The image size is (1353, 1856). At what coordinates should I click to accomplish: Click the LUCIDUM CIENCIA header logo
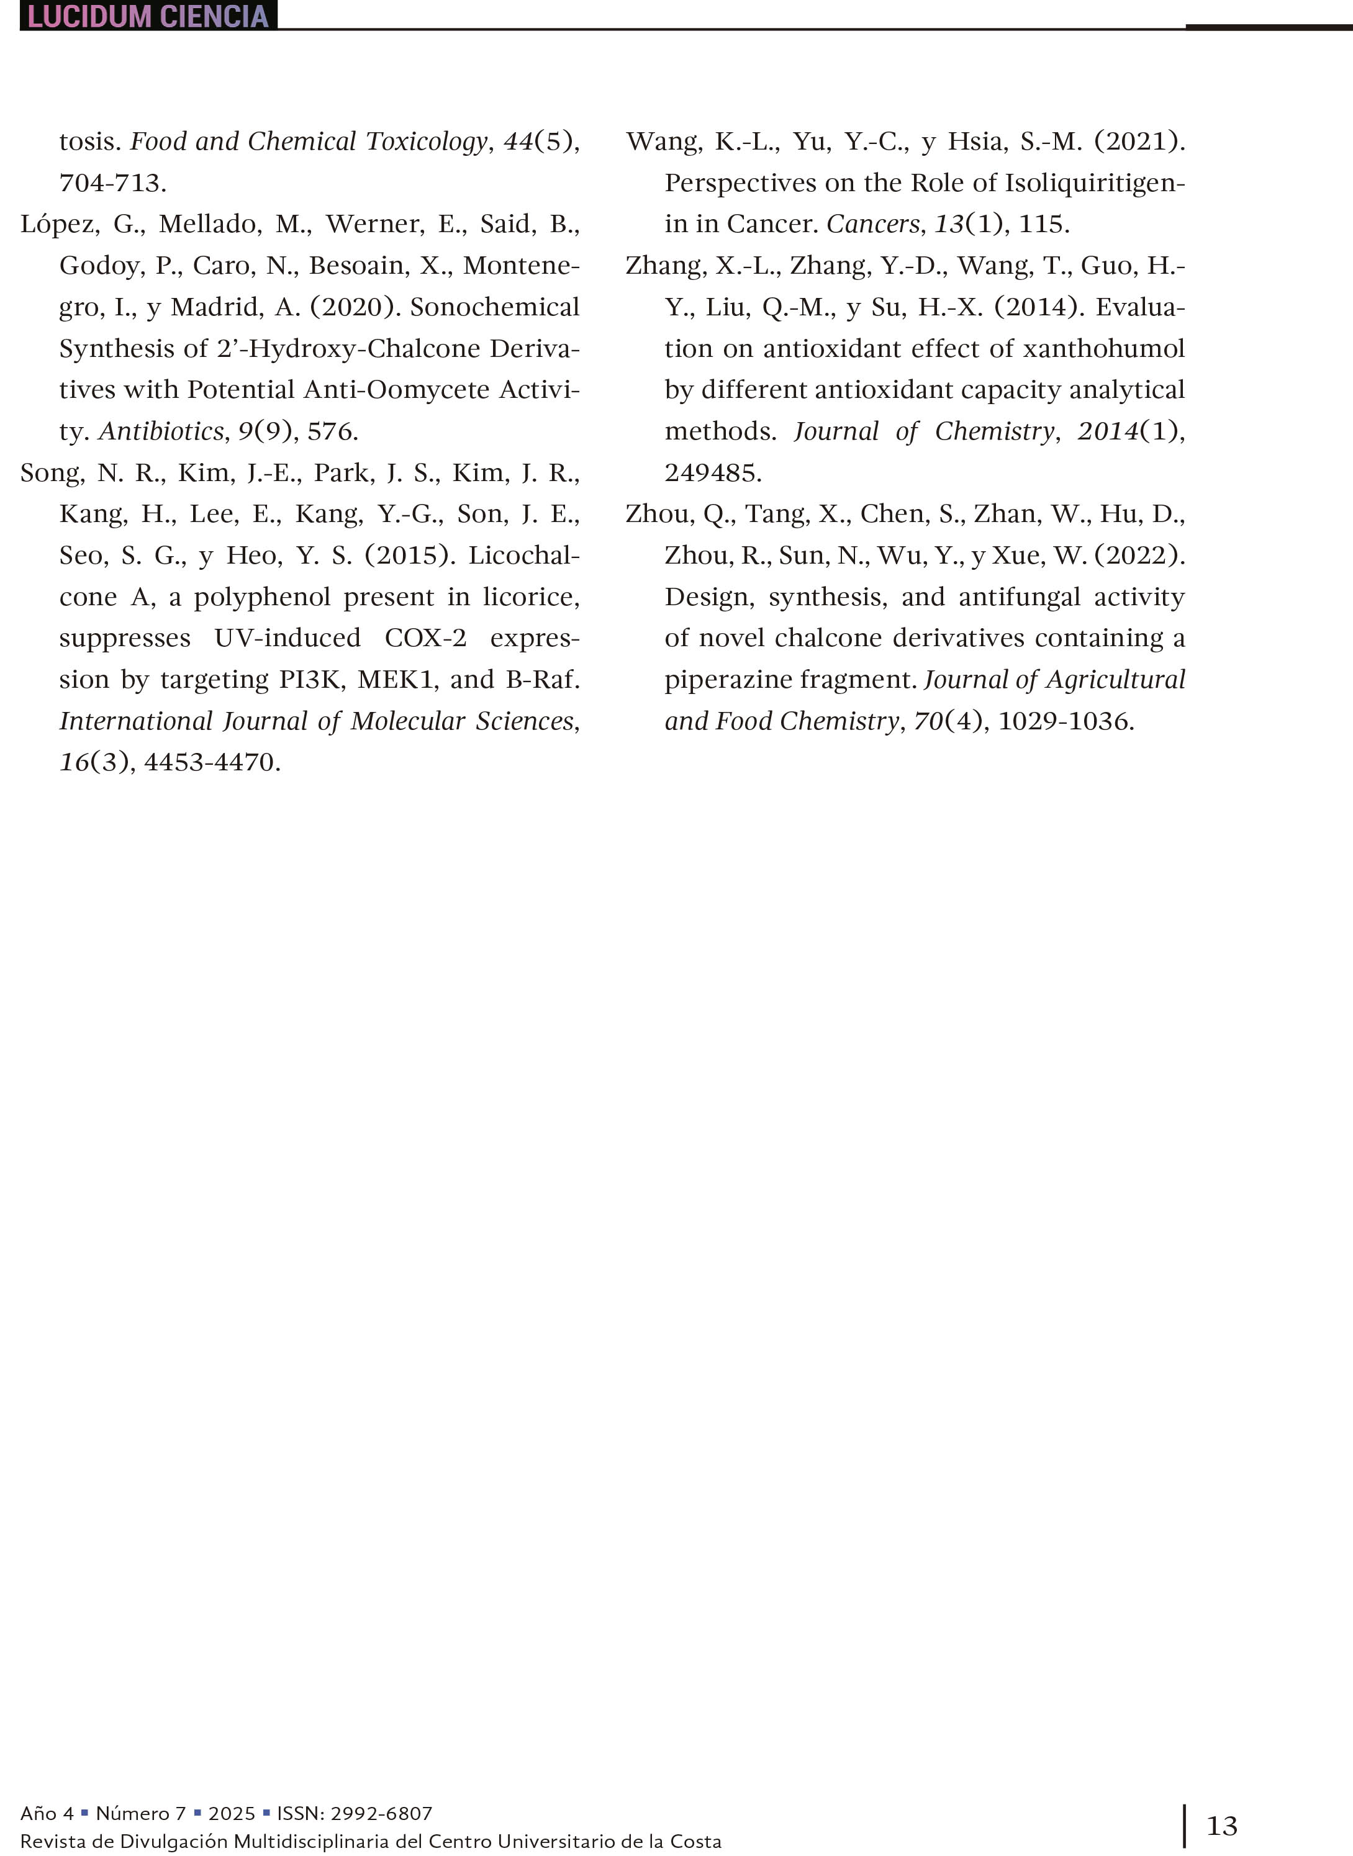[148, 16]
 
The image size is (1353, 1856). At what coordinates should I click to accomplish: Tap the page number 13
[1222, 1825]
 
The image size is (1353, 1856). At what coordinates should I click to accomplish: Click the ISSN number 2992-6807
[381, 1813]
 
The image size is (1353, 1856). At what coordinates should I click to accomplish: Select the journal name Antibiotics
[161, 431]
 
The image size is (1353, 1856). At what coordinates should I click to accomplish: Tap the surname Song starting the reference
[51, 473]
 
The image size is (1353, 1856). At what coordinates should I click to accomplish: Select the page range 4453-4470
[212, 762]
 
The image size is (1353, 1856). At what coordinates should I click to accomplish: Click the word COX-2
[425, 637]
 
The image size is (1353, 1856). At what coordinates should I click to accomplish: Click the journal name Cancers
[873, 224]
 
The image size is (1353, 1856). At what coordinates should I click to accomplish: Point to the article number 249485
[713, 473]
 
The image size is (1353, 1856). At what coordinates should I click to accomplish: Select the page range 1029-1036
[1066, 721]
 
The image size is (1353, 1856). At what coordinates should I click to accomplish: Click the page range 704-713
[112, 182]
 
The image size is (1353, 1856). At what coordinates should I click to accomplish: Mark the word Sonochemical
[495, 307]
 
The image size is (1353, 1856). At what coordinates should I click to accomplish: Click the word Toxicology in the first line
[427, 142]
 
